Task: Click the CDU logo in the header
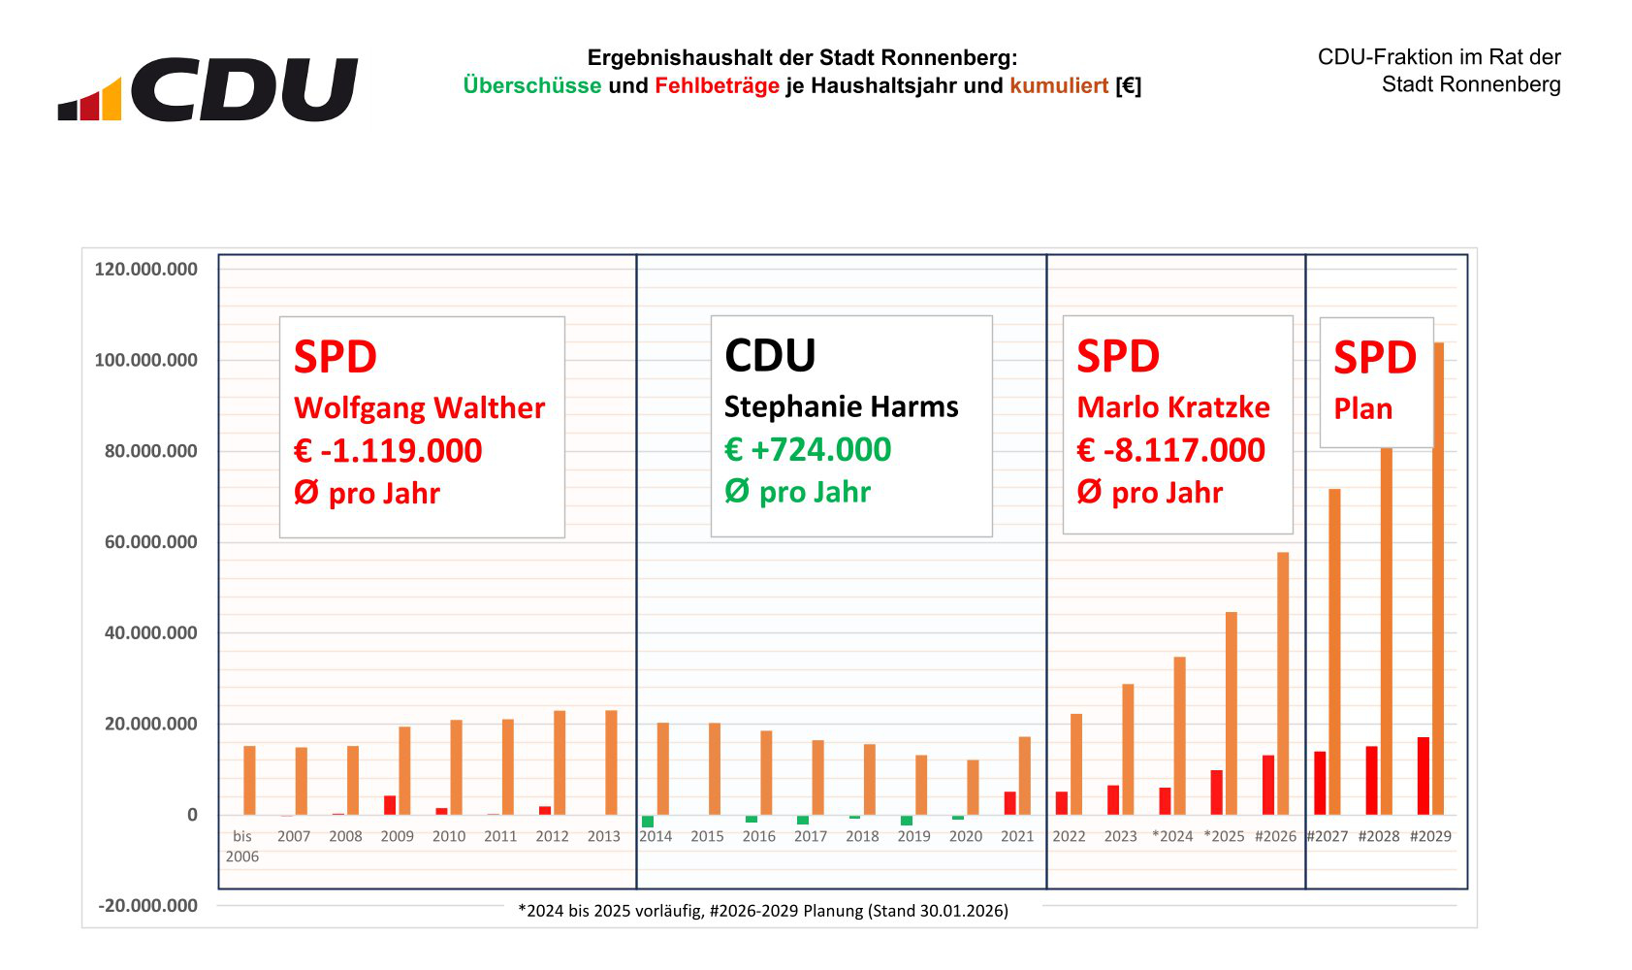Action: pyautogui.click(x=208, y=89)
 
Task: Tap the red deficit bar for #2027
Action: pyautogui.click(x=1320, y=783)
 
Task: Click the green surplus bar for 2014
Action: pyautogui.click(x=648, y=821)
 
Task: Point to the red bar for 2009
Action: pyautogui.click(x=390, y=805)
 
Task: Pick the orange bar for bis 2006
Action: pyautogui.click(x=249, y=780)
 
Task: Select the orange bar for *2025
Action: pyautogui.click(x=1232, y=713)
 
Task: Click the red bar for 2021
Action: pyautogui.click(x=1009, y=803)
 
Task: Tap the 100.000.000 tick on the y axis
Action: pyautogui.click(x=145, y=360)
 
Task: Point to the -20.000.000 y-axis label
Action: pyautogui.click(x=147, y=905)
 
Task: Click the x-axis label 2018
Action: pyautogui.click(x=862, y=836)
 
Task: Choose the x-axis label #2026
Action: pyautogui.click(x=1275, y=836)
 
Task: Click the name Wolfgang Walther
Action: pyautogui.click(x=419, y=407)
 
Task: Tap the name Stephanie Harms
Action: pyautogui.click(x=841, y=406)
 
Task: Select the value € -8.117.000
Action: pyautogui.click(x=1170, y=450)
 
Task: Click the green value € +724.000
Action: pyautogui.click(x=808, y=449)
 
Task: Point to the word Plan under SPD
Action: pyautogui.click(x=1362, y=408)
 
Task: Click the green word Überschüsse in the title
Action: pyautogui.click(x=531, y=85)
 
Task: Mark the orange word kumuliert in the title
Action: pyautogui.click(x=1058, y=85)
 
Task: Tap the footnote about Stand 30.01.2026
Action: pyautogui.click(x=763, y=910)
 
